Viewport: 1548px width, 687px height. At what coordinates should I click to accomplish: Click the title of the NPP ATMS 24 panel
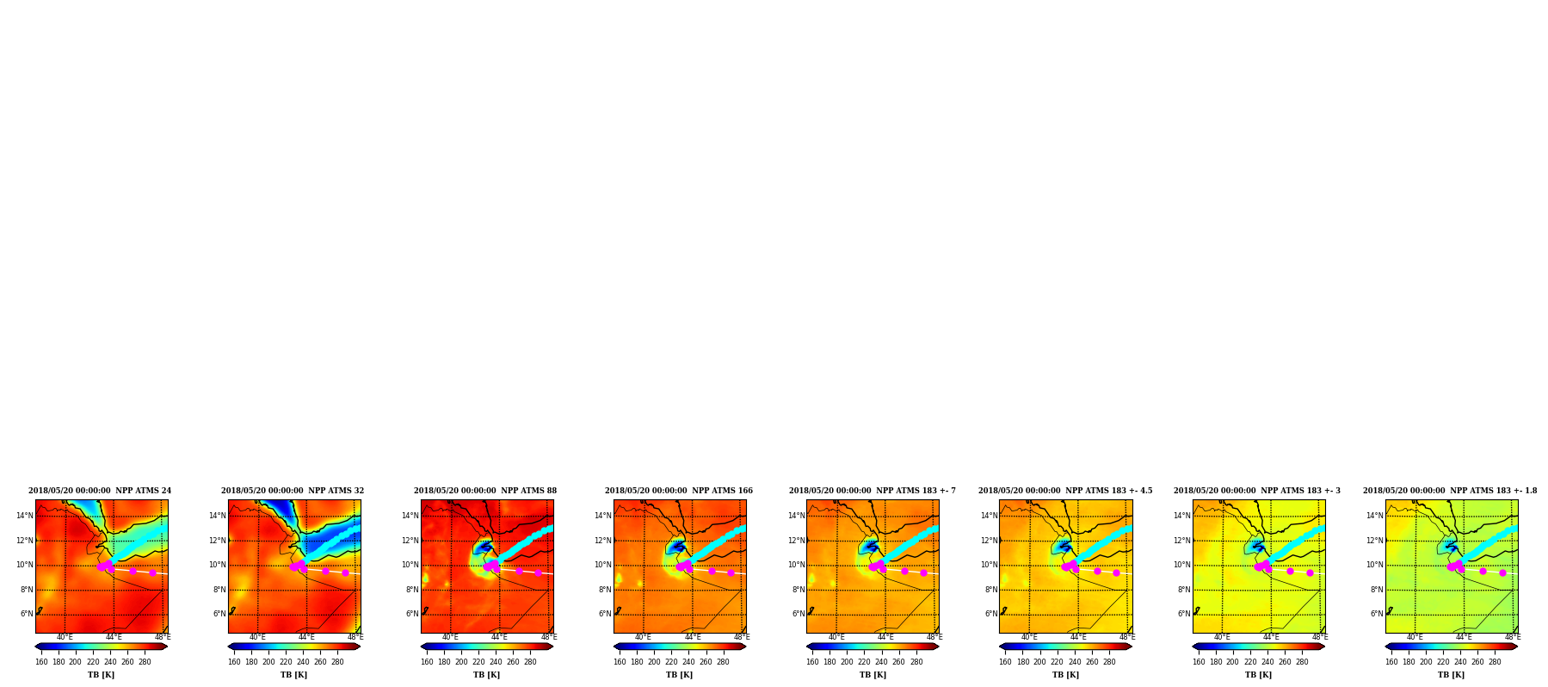point(100,491)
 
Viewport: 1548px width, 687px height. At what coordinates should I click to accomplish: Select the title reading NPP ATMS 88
point(485,491)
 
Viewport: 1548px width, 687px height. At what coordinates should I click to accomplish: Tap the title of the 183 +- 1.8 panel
point(1450,491)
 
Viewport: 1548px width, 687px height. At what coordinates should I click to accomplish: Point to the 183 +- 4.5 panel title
point(1065,491)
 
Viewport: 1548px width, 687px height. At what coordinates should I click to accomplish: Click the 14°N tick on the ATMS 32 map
point(218,517)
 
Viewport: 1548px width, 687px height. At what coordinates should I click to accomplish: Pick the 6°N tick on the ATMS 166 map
point(605,614)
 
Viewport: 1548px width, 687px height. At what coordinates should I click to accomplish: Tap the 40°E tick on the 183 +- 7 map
point(836,637)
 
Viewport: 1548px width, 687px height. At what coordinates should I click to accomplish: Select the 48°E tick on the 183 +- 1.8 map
point(1513,637)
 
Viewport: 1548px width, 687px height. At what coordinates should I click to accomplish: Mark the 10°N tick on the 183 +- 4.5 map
point(989,565)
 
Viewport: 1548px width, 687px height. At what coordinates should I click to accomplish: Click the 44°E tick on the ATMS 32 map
point(306,637)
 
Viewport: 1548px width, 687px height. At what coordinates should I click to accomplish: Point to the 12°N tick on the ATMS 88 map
point(410,541)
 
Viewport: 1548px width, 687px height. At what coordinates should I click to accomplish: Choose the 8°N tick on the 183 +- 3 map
point(1184,590)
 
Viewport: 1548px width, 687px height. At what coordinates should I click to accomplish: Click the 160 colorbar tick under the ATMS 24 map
point(41,662)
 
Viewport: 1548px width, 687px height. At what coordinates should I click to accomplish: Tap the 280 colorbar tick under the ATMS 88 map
point(530,662)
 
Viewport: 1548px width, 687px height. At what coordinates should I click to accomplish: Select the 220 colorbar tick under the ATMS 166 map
point(671,662)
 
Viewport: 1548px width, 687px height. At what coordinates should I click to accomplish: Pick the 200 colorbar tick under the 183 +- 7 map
point(847,662)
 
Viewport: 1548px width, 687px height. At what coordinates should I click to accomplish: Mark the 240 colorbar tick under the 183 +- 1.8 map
point(1460,662)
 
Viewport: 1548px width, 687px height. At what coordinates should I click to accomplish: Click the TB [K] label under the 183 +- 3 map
point(1258,675)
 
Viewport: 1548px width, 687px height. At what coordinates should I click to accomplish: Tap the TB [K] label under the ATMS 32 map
point(293,675)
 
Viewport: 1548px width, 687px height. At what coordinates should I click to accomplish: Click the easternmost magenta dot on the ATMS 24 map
point(152,572)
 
